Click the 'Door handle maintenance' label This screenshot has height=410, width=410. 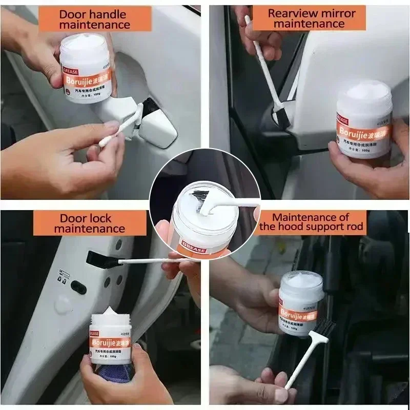(95, 19)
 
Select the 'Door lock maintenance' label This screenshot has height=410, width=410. (90, 223)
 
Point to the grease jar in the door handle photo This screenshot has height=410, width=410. (84, 69)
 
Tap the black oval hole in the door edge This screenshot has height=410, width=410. (78, 287)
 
